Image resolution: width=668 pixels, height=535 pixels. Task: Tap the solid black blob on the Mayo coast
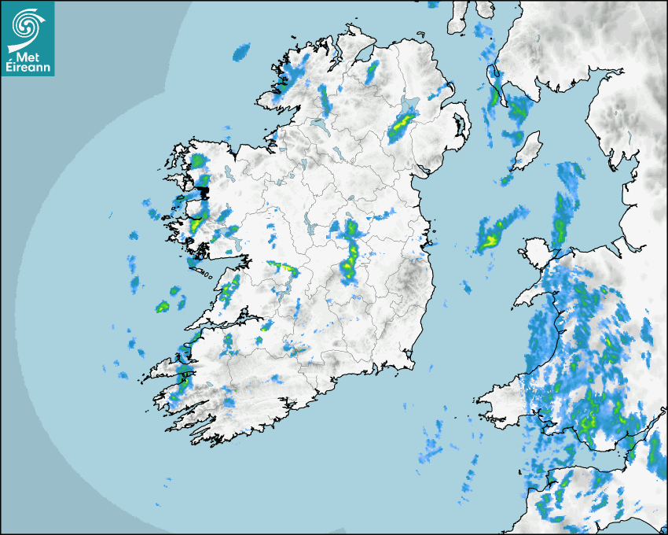(x=204, y=191)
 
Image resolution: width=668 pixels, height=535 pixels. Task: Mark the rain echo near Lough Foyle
(x=371, y=72)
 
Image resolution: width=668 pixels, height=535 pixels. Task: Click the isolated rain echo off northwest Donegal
(x=241, y=53)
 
